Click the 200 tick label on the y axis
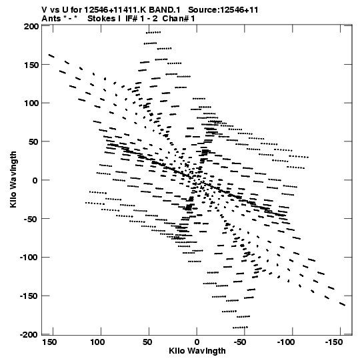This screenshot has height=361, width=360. click(31, 26)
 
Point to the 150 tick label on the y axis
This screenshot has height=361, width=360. click(31, 65)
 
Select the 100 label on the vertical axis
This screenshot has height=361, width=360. click(31, 103)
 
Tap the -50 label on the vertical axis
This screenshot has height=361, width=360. click(30, 219)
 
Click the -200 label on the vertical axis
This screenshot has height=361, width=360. click(29, 335)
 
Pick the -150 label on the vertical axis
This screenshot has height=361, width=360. click(29, 296)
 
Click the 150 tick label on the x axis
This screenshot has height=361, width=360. click(49, 342)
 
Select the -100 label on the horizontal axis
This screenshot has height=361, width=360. click(286, 342)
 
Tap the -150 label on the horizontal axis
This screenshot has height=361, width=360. click(334, 342)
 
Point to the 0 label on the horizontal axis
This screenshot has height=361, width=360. click(197, 342)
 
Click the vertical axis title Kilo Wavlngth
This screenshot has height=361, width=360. click(13, 179)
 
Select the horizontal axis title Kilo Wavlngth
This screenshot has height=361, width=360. click(197, 351)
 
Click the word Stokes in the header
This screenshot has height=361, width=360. click(101, 19)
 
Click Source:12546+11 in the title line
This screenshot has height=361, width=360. click(223, 10)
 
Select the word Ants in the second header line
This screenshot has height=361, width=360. click(50, 19)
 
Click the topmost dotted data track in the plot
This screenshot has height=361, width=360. click(153, 33)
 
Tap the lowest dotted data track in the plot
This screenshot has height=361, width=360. click(240, 327)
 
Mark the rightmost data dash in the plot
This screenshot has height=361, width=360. click(342, 304)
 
